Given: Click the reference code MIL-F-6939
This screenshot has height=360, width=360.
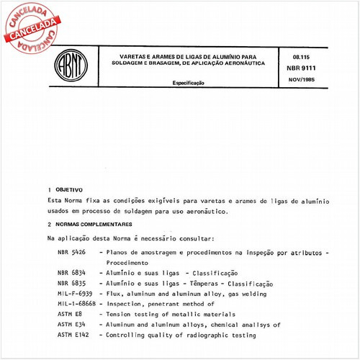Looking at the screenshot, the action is click(76, 294).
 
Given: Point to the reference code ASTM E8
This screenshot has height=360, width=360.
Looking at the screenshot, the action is click(68, 315).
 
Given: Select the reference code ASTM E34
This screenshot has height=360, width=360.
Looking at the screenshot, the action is click(71, 325).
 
